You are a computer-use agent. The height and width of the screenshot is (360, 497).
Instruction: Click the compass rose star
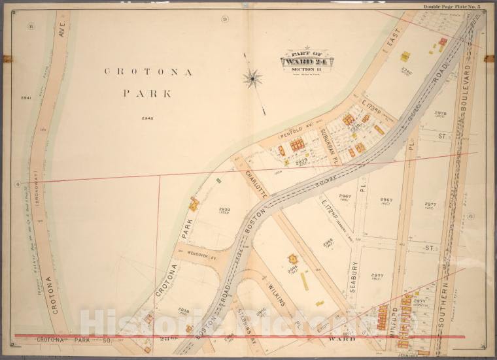point(252,79)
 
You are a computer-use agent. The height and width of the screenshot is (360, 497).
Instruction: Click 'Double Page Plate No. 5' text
point(451,7)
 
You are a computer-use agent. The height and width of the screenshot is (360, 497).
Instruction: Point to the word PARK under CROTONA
point(148,93)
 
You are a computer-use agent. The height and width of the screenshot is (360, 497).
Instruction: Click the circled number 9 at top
point(224,19)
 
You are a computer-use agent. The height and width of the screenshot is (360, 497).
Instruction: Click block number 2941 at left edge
point(26,98)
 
